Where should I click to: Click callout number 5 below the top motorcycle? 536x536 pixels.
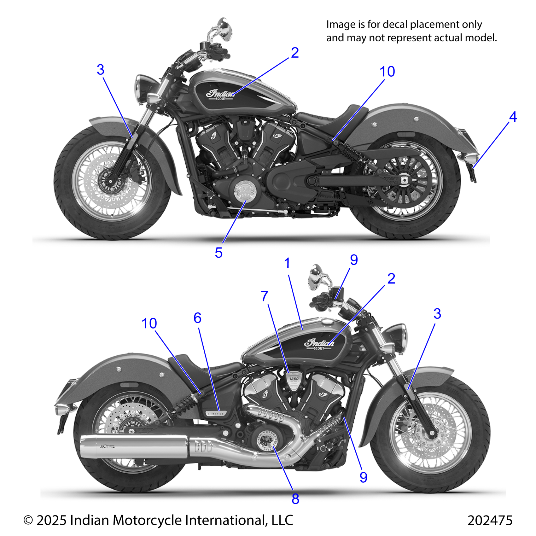[218, 253]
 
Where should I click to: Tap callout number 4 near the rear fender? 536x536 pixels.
[513, 117]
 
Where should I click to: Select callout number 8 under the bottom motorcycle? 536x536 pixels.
[295, 499]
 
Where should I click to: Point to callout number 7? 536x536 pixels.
[265, 296]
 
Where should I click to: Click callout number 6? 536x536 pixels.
[197, 318]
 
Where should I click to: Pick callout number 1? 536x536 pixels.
[287, 263]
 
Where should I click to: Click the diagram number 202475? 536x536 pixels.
[490, 520]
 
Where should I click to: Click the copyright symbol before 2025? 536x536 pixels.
[28, 520]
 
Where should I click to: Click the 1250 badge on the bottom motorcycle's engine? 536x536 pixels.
[294, 379]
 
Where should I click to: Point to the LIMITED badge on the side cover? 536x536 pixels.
[216, 413]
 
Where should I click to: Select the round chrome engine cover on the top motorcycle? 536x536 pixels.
[245, 191]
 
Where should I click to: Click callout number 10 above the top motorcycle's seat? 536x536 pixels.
[387, 72]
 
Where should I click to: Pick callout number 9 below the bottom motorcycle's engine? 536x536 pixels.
[363, 477]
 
